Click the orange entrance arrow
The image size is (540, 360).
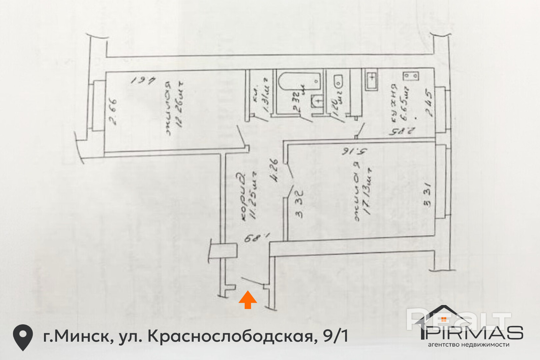(x=248, y=300)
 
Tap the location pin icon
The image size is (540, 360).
(x=23, y=337)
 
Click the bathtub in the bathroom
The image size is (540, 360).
(x=299, y=81)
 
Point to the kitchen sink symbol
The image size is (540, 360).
(x=371, y=79)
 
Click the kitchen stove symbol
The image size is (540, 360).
(x=410, y=76)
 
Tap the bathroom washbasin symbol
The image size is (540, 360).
(x=317, y=101)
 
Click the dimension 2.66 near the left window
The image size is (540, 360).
(x=113, y=111)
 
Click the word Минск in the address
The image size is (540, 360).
(x=80, y=336)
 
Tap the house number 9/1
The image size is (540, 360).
(x=335, y=336)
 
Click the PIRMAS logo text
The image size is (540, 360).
(x=473, y=333)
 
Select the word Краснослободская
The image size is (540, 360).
(x=230, y=336)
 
